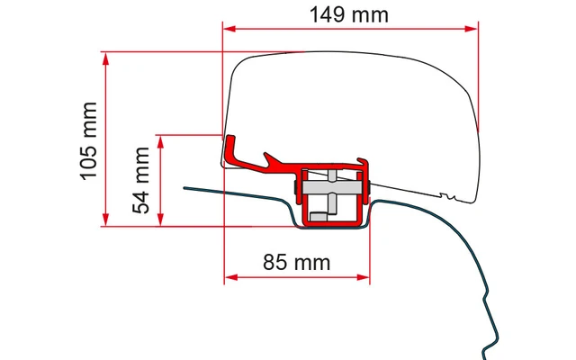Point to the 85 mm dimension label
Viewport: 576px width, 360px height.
point(297,263)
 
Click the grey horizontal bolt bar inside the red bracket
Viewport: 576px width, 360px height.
point(333,190)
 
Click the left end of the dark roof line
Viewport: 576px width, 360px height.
point(185,188)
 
